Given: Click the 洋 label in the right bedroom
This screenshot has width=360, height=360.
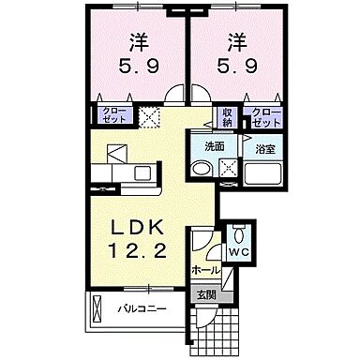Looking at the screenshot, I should pyautogui.click(x=235, y=43).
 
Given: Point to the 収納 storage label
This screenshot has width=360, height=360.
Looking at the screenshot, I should pyautogui.click(x=227, y=116).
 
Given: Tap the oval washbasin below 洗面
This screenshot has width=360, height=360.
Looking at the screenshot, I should pyautogui.click(x=202, y=169).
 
